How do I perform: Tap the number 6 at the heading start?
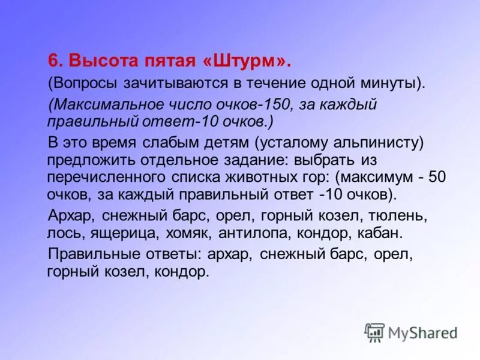[53, 61]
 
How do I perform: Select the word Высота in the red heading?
[96, 61]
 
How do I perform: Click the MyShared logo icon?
[375, 332]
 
